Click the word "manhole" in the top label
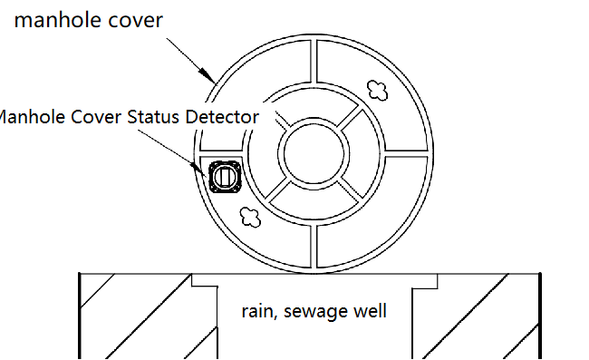pyautogui.click(x=56, y=20)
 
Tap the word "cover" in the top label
pyautogui.click(x=135, y=20)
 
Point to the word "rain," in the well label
pyautogui.click(x=259, y=312)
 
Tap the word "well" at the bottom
pyautogui.click(x=372, y=312)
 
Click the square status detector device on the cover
pyautogui.click(x=223, y=175)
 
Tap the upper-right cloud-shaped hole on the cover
pyautogui.click(x=377, y=88)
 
